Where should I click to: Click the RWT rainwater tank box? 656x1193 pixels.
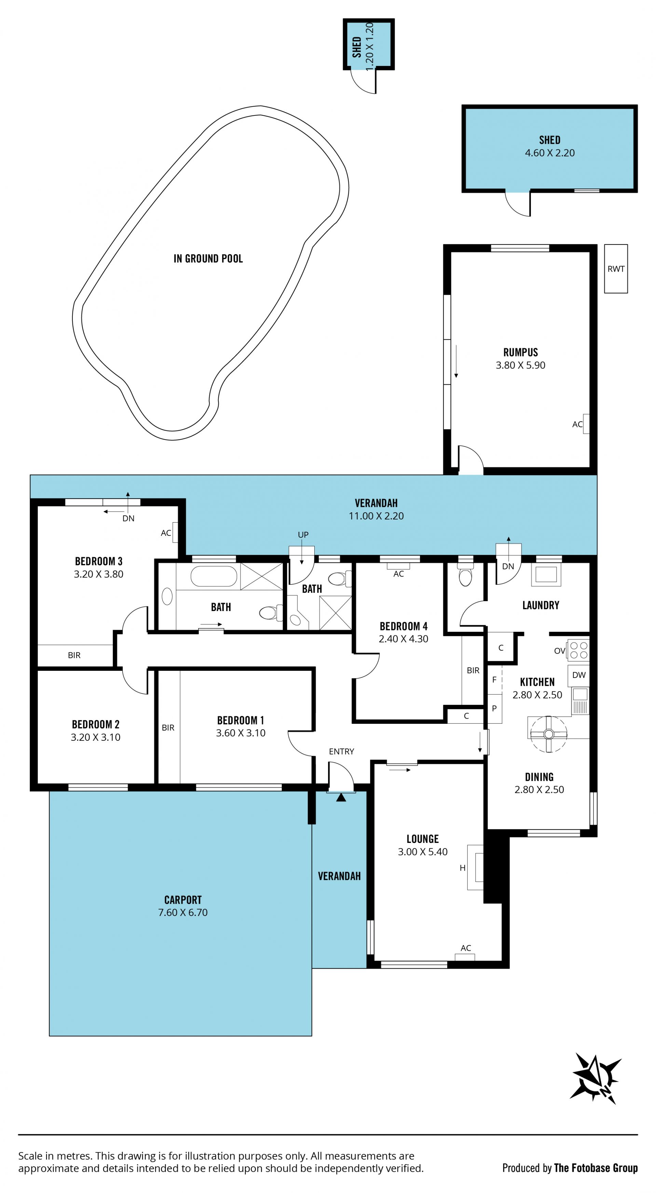(616, 268)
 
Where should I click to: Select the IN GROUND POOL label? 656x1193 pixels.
(208, 259)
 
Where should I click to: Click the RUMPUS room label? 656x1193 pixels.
(520, 352)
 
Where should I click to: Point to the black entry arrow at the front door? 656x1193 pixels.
(341, 797)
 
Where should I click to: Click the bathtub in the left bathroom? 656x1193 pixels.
(214, 577)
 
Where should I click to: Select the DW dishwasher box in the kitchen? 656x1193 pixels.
(579, 675)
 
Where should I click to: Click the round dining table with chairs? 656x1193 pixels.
(548, 734)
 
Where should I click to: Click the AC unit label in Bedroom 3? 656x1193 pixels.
(166, 533)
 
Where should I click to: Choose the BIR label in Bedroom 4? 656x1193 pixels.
(473, 670)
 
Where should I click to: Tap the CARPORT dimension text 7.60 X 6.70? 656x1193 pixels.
(183, 912)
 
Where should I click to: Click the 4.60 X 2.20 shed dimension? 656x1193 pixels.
(549, 153)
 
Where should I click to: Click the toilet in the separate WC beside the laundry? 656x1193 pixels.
(465, 574)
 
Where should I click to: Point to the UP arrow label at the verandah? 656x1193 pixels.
(303, 535)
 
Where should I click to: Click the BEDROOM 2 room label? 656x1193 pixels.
(95, 724)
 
